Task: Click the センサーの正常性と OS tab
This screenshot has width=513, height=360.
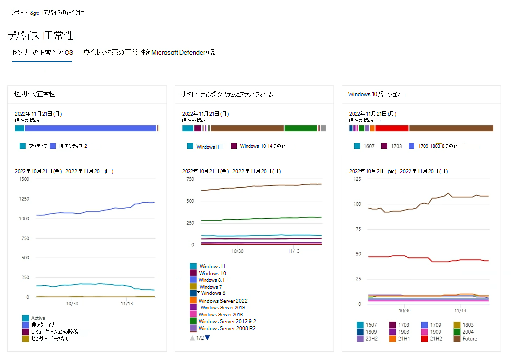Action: coord(42,52)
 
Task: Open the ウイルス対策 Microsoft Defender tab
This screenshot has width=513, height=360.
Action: coord(149,52)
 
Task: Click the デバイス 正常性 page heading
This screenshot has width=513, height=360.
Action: coord(41,35)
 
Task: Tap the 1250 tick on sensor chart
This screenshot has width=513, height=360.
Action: coord(23,198)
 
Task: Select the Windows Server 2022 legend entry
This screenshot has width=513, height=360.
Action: coord(222,301)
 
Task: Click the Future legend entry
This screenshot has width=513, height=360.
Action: coord(469,339)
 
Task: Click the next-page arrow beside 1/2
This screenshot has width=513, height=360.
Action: coord(207,338)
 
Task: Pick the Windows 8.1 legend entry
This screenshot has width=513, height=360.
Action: coord(211,280)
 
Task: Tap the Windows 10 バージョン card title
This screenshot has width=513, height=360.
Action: coord(374,94)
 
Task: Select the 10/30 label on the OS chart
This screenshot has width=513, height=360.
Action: coord(237,252)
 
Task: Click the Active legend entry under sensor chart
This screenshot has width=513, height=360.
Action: coord(38,318)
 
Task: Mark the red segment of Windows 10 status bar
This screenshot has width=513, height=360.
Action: coord(392,128)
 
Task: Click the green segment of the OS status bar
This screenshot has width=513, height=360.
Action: coord(301,128)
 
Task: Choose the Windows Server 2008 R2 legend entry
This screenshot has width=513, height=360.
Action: coord(226,328)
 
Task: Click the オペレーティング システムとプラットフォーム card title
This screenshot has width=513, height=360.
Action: coord(227,94)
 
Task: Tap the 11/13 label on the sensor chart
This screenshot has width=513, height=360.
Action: coord(126,303)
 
